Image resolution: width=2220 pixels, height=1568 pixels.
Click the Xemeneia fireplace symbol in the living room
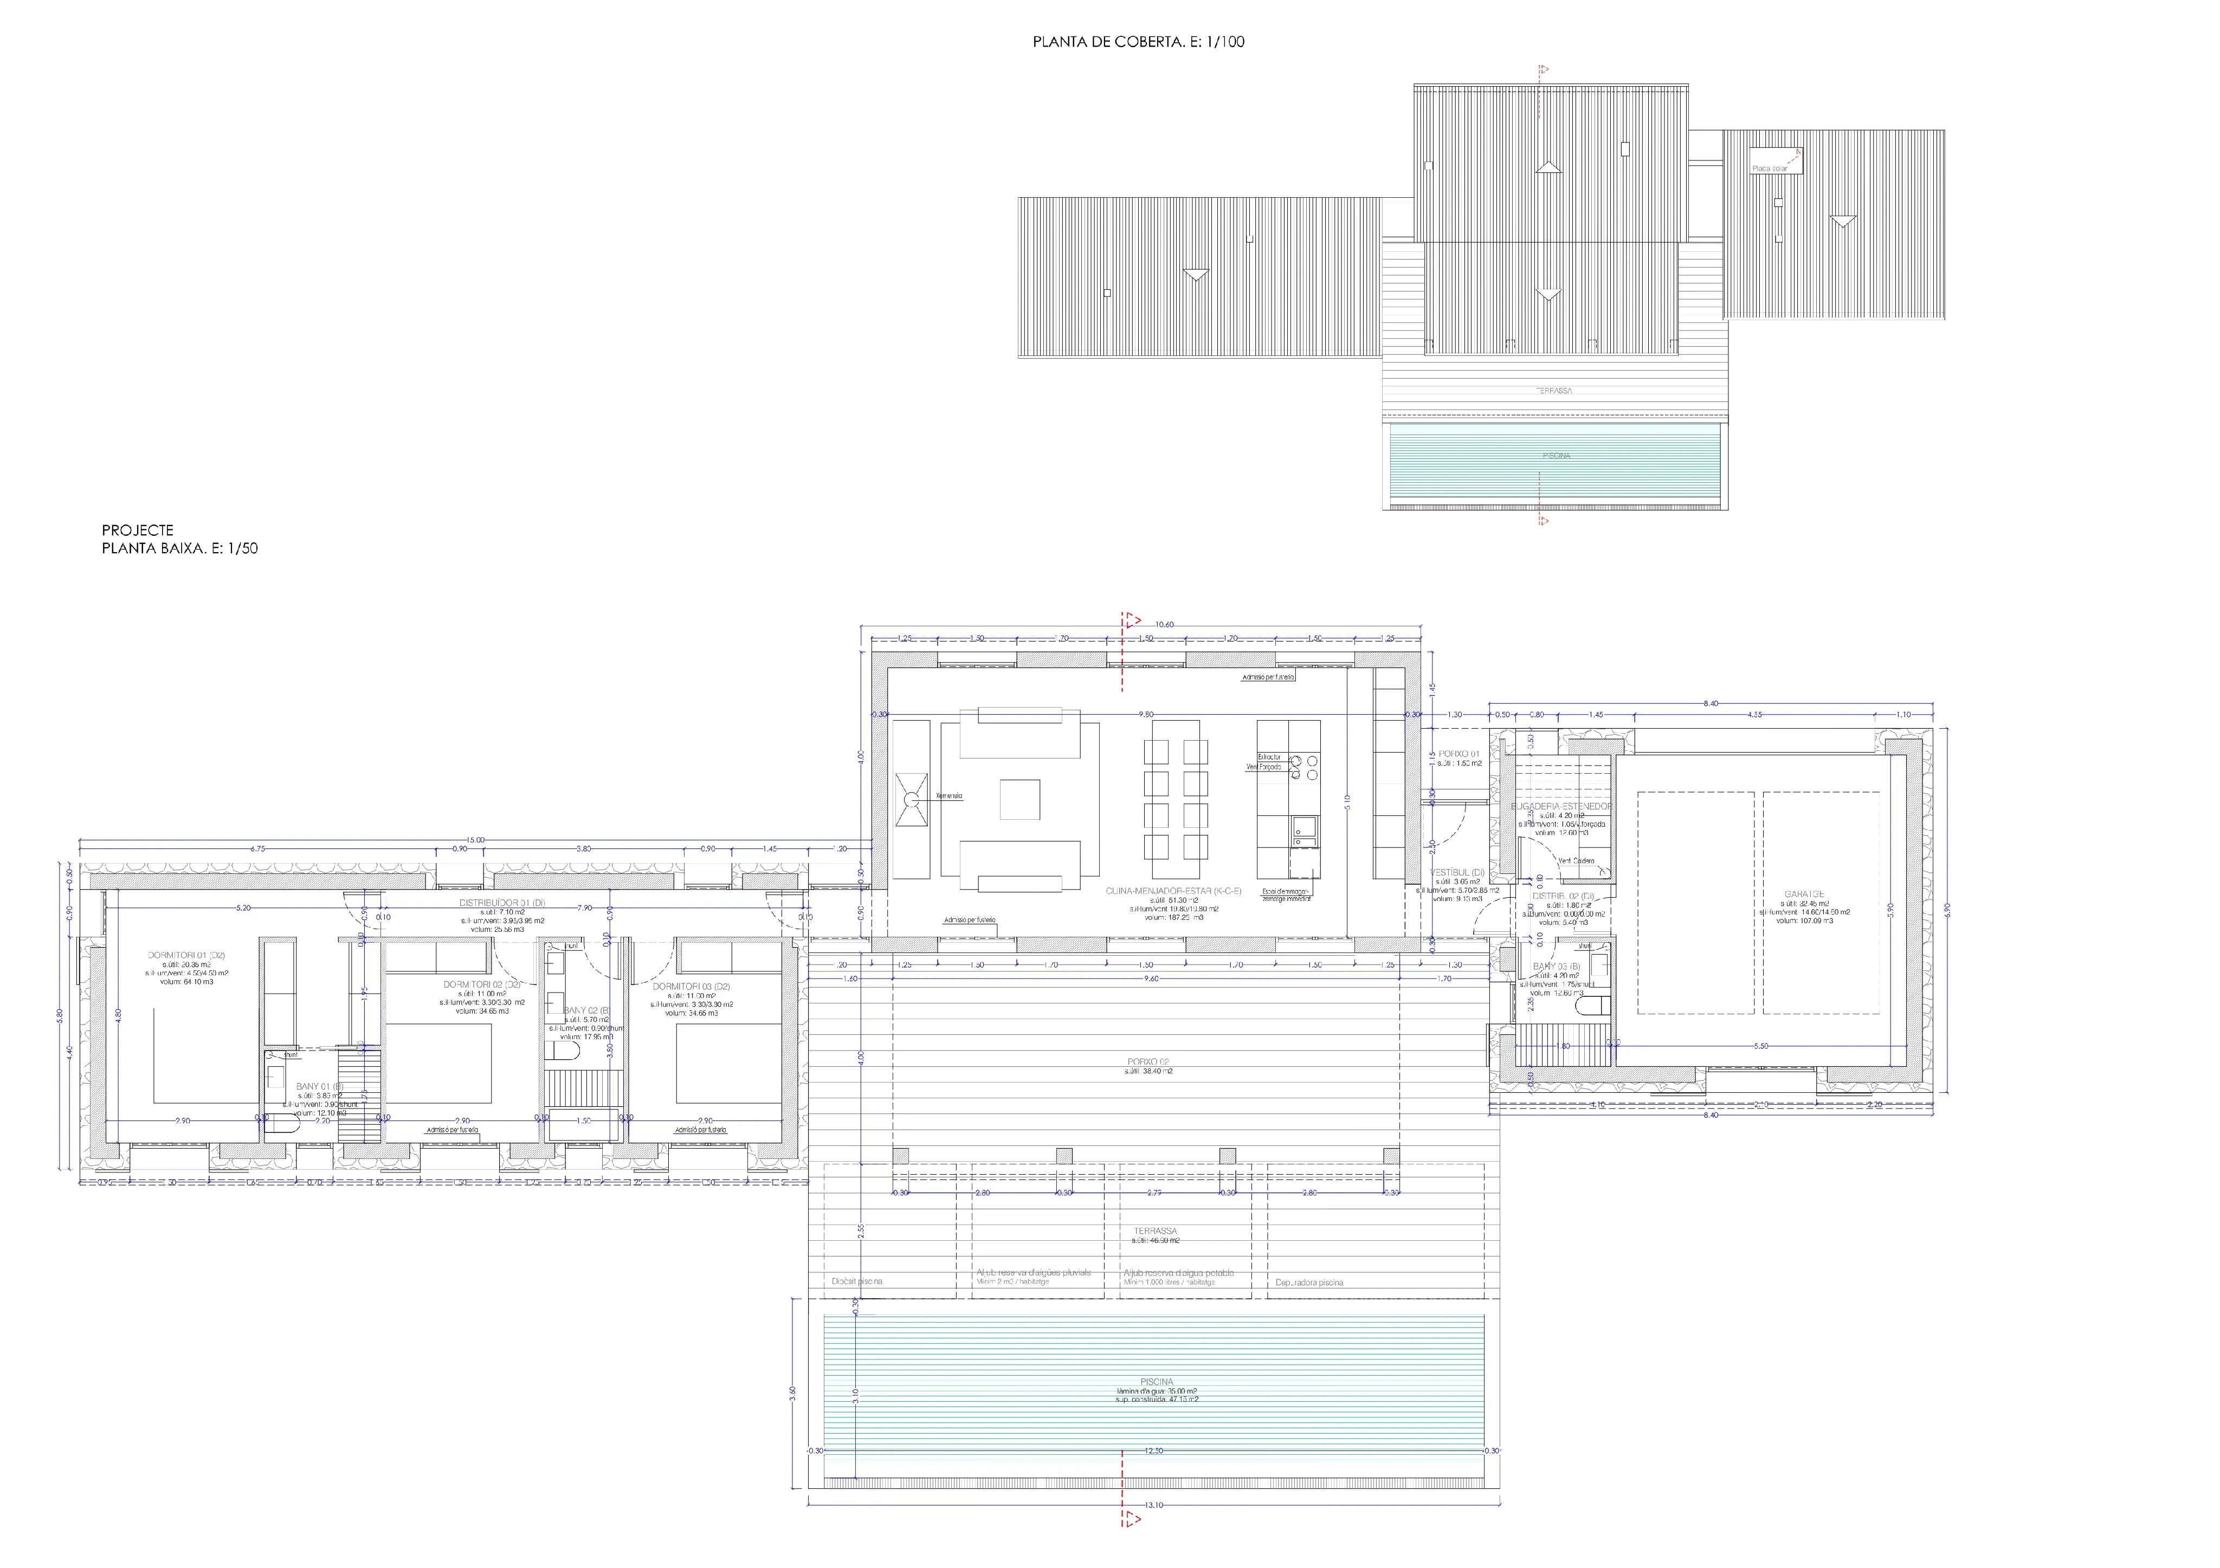911,799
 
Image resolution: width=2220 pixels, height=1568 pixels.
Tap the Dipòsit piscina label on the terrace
857,1282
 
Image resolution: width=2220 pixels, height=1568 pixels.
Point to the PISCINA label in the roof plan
1556,455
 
